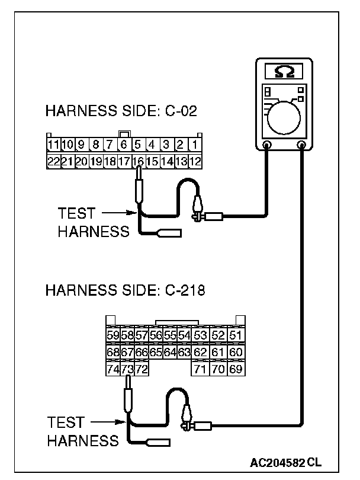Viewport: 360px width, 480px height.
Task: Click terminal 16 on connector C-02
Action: pyautogui.click(x=137, y=161)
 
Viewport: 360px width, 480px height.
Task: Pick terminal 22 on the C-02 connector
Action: pyautogui.click(x=53, y=161)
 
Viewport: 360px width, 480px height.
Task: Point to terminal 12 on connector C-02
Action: pyautogui.click(x=194, y=161)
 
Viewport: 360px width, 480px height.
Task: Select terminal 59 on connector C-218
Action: pyautogui.click(x=112, y=336)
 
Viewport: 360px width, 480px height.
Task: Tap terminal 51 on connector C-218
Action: pyautogui.click(x=235, y=336)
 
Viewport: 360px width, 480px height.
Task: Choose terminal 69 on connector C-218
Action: pyautogui.click(x=235, y=370)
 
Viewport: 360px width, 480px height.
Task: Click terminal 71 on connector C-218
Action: pyautogui.click(x=200, y=370)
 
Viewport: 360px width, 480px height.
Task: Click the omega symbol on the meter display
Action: pyautogui.click(x=285, y=72)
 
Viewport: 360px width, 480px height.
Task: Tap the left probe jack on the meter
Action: pyautogui.click(x=267, y=145)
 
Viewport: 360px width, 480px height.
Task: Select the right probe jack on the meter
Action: pyautogui.click(x=302, y=145)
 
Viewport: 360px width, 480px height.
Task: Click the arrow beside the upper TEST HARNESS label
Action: pyautogui.click(x=118, y=213)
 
